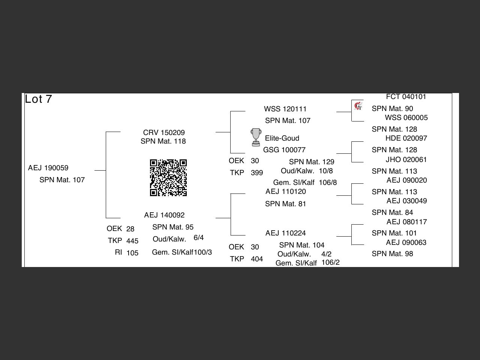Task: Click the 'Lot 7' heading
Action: [x=38, y=99]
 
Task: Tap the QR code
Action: [x=168, y=178]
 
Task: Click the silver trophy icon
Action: [x=256, y=137]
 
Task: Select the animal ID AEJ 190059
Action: [x=48, y=168]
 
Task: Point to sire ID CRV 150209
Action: [x=164, y=133]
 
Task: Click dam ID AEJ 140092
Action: [x=164, y=215]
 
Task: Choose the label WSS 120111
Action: [x=285, y=109]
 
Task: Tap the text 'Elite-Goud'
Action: [x=282, y=138]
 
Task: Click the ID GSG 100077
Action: [x=284, y=150]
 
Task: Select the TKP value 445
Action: [x=132, y=241]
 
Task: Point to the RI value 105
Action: [x=132, y=253]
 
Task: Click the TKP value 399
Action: [x=257, y=173]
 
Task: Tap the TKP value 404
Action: [x=257, y=259]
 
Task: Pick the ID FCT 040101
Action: [x=406, y=97]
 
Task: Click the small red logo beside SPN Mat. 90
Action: [x=358, y=106]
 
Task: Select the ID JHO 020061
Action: [x=406, y=160]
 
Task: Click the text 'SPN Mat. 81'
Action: [x=285, y=204]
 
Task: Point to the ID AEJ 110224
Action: [x=286, y=233]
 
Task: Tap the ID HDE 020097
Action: [x=406, y=138]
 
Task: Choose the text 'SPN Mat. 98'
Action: [x=392, y=254]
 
